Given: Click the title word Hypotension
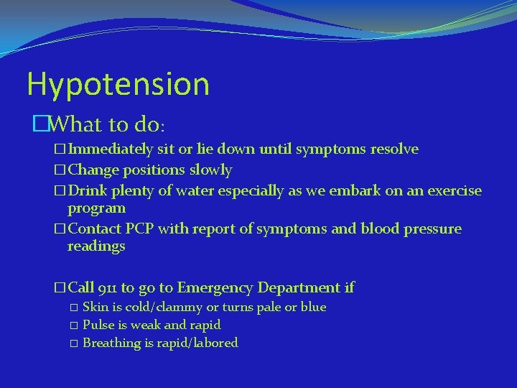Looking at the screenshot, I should (x=118, y=85).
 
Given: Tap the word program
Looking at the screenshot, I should (x=96, y=208).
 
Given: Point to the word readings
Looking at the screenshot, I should (x=96, y=246).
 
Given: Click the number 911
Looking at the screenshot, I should (x=106, y=288).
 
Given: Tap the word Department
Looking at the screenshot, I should (x=299, y=288).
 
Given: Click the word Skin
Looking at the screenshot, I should (x=95, y=308).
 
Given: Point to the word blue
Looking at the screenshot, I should (x=314, y=308).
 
